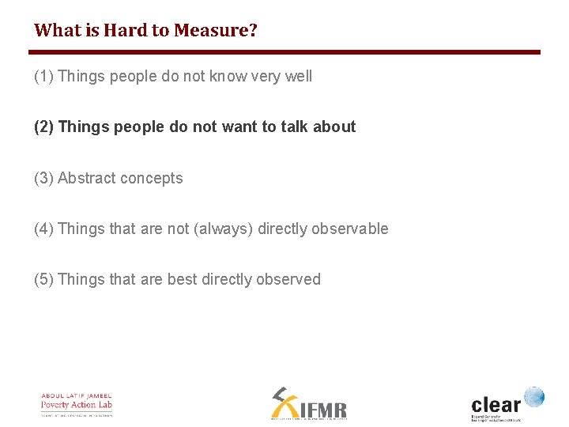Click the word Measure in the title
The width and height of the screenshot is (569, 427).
[212, 31]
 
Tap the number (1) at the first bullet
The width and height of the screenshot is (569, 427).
[44, 77]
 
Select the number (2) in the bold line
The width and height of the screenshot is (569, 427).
[44, 127]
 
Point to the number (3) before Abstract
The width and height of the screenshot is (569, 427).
[44, 179]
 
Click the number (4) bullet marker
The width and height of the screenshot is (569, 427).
[44, 229]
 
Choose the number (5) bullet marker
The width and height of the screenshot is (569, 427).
[44, 280]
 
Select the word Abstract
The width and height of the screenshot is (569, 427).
[86, 179]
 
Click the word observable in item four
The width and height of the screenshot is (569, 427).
[350, 229]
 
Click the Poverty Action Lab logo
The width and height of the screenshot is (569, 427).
[77, 404]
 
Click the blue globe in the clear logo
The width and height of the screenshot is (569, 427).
[534, 396]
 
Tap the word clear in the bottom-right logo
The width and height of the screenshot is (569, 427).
[496, 403]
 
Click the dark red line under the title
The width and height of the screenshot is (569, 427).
[284, 52]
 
